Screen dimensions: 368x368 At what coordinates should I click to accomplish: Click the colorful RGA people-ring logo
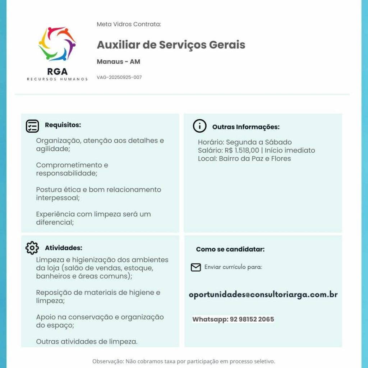click(57, 44)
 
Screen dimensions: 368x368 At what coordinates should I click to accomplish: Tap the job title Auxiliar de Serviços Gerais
click(171, 45)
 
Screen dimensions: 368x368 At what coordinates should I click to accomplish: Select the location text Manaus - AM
click(118, 61)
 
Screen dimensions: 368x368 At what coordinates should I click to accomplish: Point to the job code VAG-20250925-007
click(119, 77)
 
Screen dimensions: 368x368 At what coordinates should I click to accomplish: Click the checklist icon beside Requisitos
click(32, 126)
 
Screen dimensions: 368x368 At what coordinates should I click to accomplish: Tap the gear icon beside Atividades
click(32, 248)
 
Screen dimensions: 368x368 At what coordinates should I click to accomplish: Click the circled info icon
click(199, 126)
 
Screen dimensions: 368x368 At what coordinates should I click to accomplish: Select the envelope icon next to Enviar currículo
click(195, 267)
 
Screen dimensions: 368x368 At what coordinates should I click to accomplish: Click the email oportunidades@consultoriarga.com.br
click(263, 295)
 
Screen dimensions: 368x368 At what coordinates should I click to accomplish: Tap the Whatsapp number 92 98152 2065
click(252, 319)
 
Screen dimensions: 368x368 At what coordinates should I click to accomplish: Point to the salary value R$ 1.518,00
click(242, 150)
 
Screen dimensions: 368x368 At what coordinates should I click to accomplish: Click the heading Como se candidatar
click(230, 249)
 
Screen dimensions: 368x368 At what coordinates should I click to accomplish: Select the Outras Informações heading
click(246, 127)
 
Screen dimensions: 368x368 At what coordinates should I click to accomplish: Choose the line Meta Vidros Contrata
click(129, 24)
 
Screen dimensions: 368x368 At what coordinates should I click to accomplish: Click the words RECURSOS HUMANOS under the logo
click(57, 79)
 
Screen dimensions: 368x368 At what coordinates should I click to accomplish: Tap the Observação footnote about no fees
click(184, 361)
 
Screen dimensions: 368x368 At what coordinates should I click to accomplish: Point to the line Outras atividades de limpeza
click(87, 341)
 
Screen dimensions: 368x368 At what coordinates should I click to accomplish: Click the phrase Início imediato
click(290, 150)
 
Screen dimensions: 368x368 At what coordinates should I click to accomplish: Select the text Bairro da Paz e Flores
click(255, 158)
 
